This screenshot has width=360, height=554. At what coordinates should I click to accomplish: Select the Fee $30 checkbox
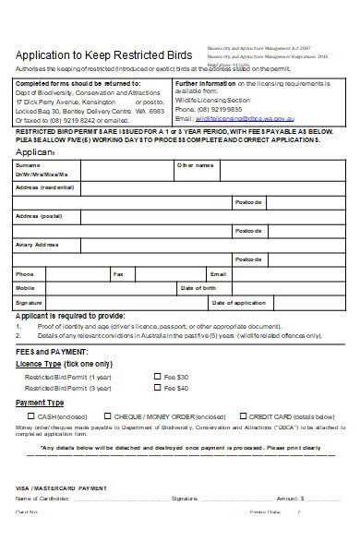pyautogui.click(x=156, y=377)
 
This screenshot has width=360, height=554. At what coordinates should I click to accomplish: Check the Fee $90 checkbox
pyautogui.click(x=156, y=389)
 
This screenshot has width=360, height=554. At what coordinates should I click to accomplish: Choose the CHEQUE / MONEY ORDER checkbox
pyautogui.click(x=108, y=416)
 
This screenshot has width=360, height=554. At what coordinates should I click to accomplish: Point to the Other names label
pyautogui.click(x=196, y=165)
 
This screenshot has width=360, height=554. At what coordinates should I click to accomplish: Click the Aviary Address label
pyautogui.click(x=36, y=244)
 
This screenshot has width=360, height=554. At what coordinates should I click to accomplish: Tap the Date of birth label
pyautogui.click(x=198, y=288)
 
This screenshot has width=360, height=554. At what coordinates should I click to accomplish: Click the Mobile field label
pyautogui.click(x=25, y=288)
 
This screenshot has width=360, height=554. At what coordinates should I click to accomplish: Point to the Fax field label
pyautogui.click(x=118, y=274)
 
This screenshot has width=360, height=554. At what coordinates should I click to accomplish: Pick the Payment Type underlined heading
pyautogui.click(x=41, y=403)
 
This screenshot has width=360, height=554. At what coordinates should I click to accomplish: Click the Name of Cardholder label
pyautogui.click(x=41, y=499)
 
